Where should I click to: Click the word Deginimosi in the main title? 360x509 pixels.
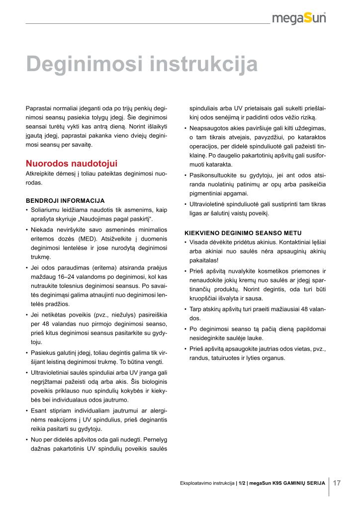87,65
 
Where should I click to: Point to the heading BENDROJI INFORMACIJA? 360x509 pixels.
65,201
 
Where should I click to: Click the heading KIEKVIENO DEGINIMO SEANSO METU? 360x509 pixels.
243,233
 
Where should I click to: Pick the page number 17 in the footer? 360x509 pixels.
337,483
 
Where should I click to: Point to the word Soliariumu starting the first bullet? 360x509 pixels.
46,210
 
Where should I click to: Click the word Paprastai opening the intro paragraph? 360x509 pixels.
39,108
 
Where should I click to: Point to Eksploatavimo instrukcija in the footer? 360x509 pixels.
207,483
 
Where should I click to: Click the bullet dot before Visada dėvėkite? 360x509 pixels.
185,242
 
